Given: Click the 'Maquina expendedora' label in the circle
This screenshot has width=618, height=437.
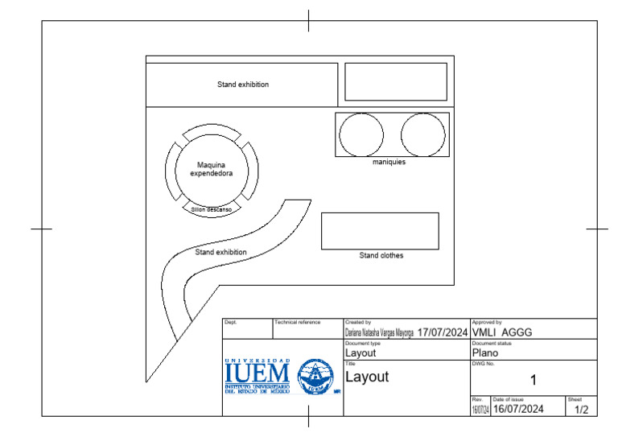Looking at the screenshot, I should point(211,168).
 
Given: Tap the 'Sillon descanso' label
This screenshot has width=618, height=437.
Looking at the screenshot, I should point(211,209).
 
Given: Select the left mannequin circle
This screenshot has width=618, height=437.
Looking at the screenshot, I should point(360,134).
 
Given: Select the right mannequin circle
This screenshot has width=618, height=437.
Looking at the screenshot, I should point(422,134).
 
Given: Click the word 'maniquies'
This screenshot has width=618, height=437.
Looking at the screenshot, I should point(389,162).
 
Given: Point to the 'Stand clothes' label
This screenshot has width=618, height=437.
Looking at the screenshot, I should point(381,256).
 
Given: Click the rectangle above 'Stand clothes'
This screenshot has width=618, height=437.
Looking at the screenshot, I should point(380,231).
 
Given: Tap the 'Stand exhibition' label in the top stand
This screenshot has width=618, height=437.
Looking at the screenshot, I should point(242,85).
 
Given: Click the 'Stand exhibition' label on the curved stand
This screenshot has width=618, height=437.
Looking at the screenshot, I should point(220,252).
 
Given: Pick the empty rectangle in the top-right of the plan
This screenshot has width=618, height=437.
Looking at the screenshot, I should point(395,81).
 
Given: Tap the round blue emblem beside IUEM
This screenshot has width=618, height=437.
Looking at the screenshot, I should point(315,376).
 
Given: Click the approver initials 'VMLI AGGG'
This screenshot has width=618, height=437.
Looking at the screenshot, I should point(501,332).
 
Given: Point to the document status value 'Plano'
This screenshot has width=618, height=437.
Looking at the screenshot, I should point(485,352).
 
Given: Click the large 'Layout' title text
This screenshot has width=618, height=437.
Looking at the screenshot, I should point(367,376).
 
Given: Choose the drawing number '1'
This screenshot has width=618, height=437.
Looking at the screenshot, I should point(533,380).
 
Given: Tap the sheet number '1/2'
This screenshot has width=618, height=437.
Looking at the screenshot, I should point(581,410).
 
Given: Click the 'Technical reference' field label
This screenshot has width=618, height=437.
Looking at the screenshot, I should point(298,322).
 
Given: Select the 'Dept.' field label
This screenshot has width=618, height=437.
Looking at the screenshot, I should point(230,322).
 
